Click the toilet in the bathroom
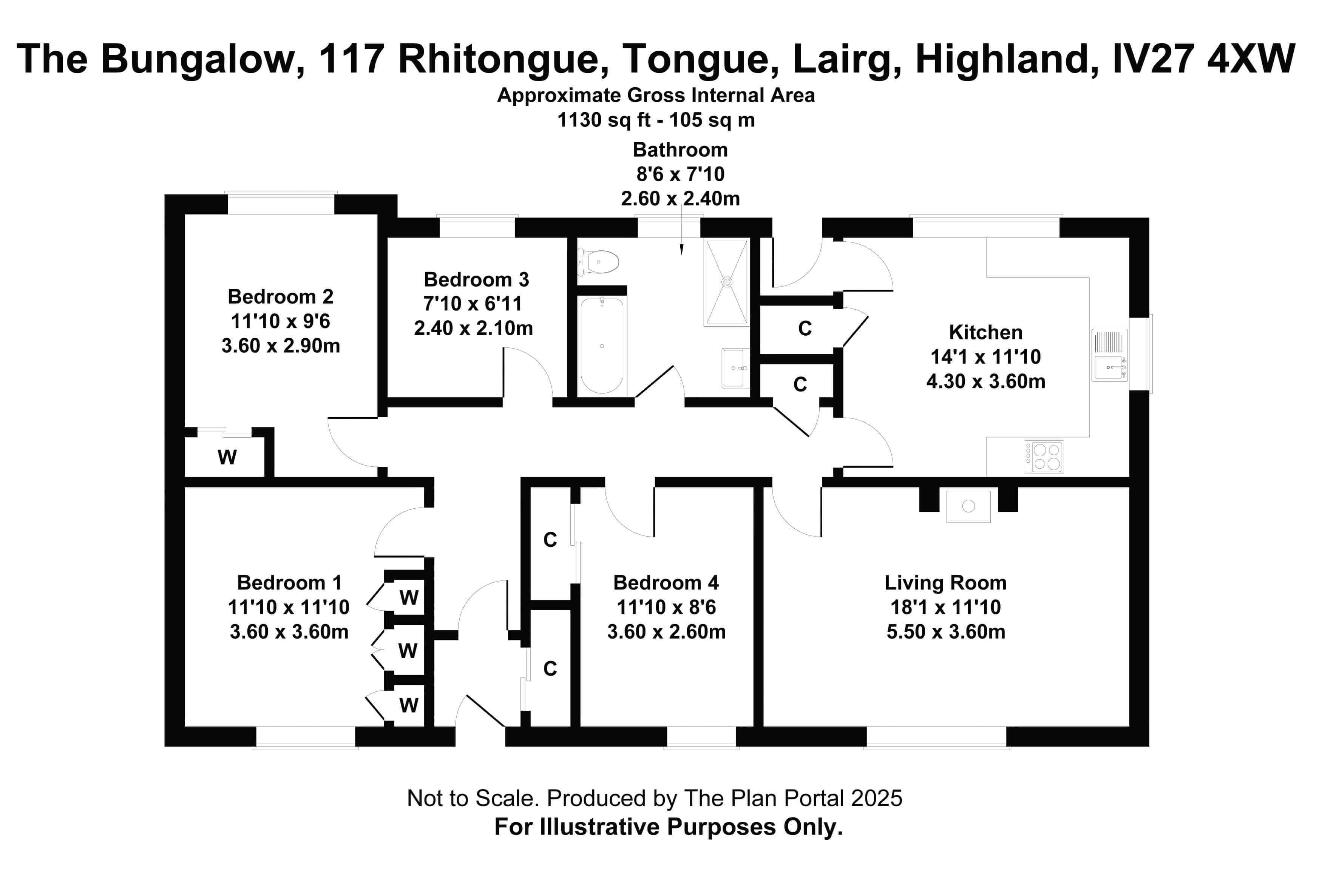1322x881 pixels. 600,262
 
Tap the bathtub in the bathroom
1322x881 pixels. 602,346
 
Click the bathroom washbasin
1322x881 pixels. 734,368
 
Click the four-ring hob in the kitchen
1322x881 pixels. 1044,457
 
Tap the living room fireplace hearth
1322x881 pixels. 968,506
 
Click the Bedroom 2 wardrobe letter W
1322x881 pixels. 227,457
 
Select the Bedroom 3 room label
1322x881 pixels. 476,279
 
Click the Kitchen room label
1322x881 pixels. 985,332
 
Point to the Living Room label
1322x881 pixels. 945,583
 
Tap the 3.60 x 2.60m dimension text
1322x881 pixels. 666,631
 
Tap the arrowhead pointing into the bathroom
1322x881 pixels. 681,250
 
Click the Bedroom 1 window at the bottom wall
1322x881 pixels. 306,738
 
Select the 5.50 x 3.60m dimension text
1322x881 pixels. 945,631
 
